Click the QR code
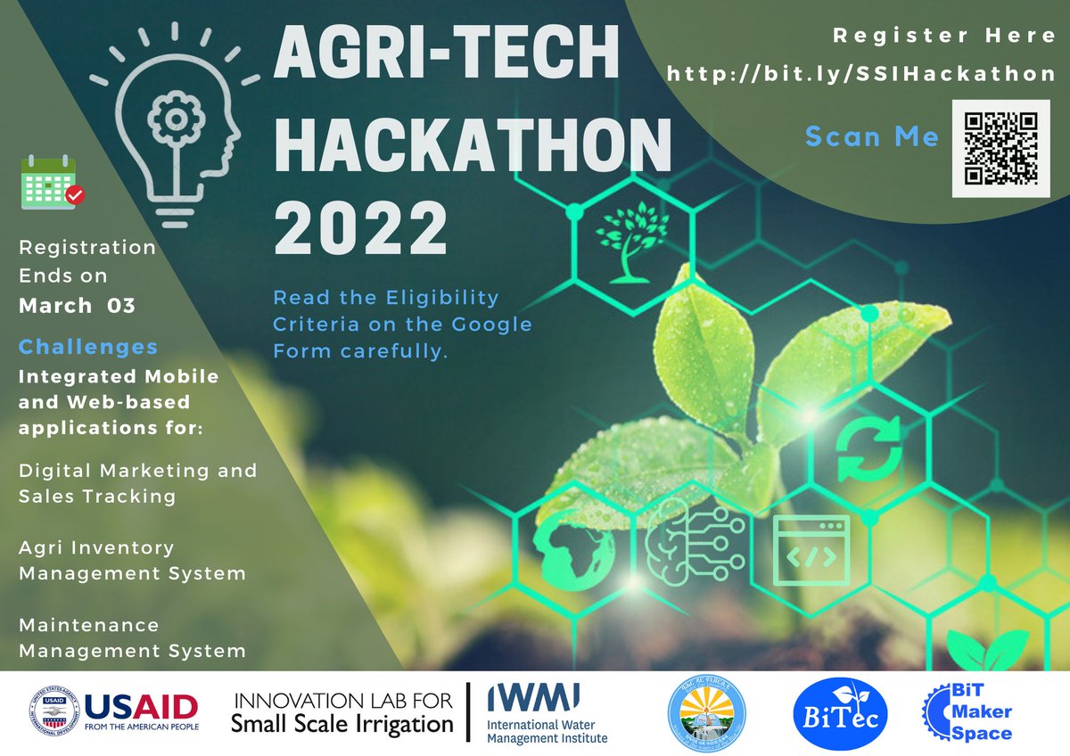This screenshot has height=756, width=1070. pos(1000,147)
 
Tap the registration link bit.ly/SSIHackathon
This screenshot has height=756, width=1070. pos(861,74)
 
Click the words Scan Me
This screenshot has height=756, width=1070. pos(872,136)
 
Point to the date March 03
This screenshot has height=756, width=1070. pos(77,306)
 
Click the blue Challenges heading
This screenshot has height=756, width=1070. pos(88,347)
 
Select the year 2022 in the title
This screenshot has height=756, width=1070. pos(361,228)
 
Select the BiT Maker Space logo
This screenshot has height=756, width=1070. pos(969,713)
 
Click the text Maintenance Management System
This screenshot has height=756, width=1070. pos(132,637)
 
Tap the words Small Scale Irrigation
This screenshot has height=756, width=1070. pos(342,724)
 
